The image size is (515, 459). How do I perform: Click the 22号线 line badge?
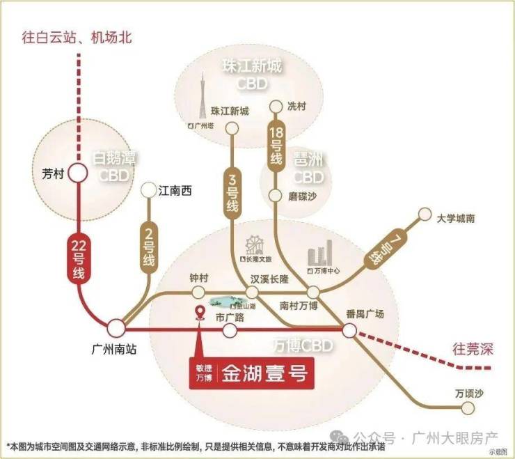(x=77, y=259)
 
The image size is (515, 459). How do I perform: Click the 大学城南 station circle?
(x=425, y=217)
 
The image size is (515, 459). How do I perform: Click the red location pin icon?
(x=200, y=314)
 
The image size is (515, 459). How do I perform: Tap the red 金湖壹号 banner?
(x=248, y=373)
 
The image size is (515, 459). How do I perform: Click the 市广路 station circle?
(x=229, y=330)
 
